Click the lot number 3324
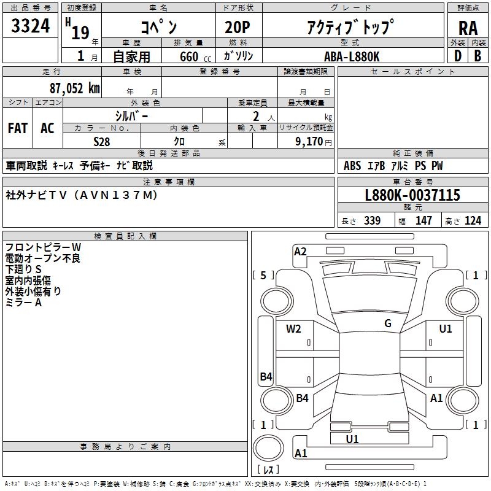pos(31,26)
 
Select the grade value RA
pos(468,28)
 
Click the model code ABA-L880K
pos(352,56)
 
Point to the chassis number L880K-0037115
pos(412,195)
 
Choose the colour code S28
pos(102,141)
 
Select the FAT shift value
pos(18,128)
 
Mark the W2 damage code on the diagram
pos(293,329)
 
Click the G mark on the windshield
pos(388,323)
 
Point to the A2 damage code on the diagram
pos(300,251)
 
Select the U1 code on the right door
pos(446,329)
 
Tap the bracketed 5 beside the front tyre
pos(264,275)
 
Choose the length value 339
pos(372,221)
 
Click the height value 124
pos(473,221)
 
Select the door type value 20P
pos(238,28)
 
